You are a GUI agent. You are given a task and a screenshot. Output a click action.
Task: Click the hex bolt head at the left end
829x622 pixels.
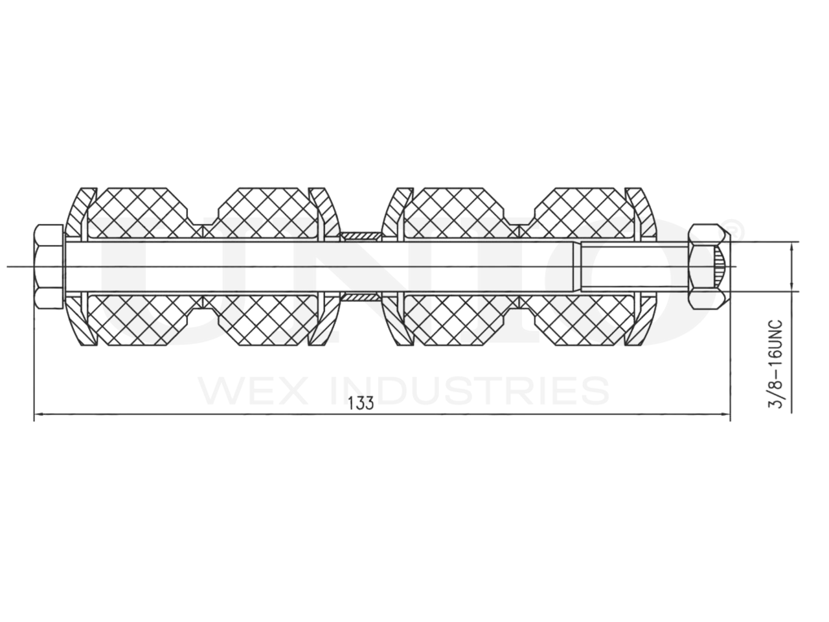pos(49,266)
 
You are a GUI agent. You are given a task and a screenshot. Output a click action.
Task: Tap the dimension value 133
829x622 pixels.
pos(361,403)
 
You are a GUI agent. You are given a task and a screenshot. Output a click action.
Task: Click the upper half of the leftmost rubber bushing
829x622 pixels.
pos(136,211)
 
